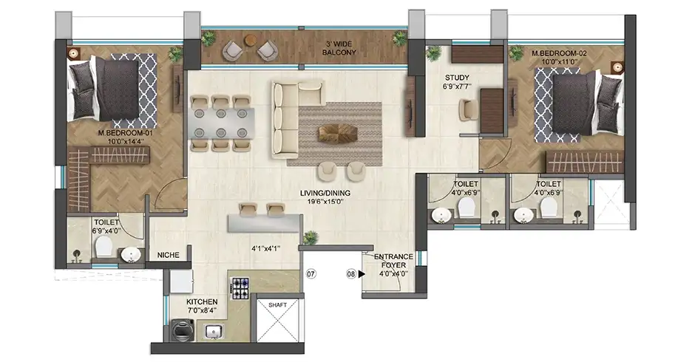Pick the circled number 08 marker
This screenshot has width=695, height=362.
coord(351,274)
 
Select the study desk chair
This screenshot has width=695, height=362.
coord(469,109)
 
